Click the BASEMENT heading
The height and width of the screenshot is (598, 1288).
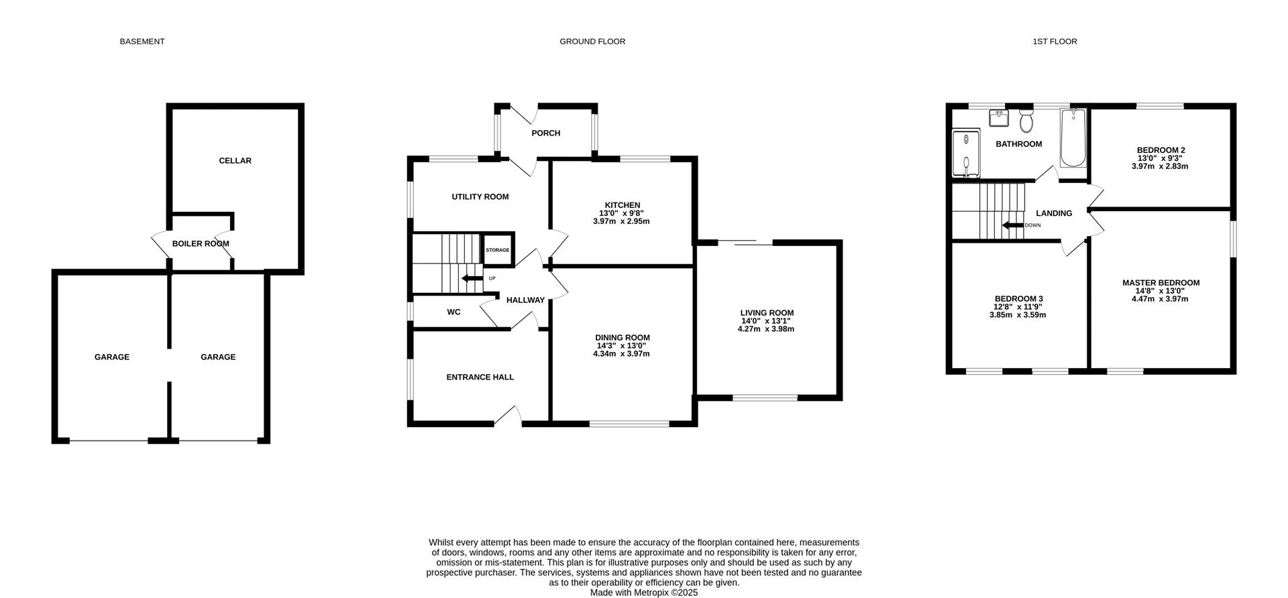[142, 42]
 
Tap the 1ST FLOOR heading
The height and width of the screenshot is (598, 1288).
[1055, 42]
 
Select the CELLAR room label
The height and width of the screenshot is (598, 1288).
[235, 161]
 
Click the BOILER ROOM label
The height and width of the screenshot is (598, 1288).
[201, 244]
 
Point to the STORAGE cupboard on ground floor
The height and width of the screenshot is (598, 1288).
[498, 250]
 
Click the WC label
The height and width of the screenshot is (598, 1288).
[454, 312]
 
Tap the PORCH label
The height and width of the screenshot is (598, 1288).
[546, 133]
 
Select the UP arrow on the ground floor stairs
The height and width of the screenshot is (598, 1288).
[472, 278]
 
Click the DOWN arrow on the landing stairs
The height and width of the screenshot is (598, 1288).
[1013, 226]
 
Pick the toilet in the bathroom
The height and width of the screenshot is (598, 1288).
[1025, 121]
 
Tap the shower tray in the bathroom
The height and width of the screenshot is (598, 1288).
[966, 154]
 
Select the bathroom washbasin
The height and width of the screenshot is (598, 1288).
[999, 118]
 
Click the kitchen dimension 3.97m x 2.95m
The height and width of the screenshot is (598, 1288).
[621, 221]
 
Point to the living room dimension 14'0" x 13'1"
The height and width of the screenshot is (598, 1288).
[766, 321]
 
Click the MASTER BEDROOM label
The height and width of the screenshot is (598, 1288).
[1161, 283]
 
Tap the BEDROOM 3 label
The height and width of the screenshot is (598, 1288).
[1018, 299]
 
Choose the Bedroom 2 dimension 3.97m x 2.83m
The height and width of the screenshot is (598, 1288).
[1160, 166]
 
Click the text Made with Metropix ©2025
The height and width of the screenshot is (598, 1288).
[644, 593]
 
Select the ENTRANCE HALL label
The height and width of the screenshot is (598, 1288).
[480, 377]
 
